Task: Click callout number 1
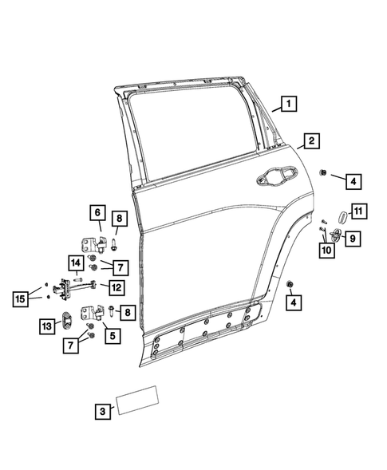pos(287,102)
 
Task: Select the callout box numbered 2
pos(310,141)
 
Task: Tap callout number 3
pos(102,411)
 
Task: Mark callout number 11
pos(359,211)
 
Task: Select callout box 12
pos(116,287)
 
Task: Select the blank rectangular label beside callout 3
pos(139,401)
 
